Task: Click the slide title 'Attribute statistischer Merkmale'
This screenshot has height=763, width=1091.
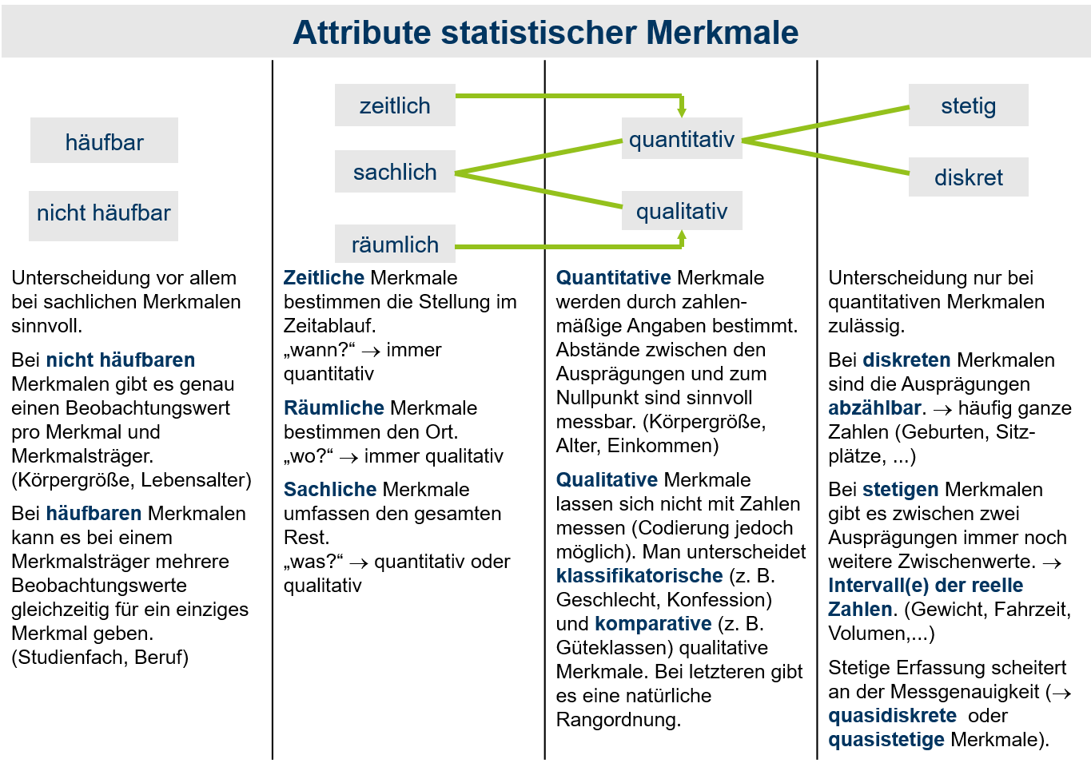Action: click(x=545, y=33)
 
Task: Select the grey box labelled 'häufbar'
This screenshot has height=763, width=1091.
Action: click(x=104, y=141)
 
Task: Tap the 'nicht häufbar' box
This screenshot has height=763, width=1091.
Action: click(x=103, y=216)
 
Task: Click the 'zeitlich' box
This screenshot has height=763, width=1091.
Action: click(x=395, y=105)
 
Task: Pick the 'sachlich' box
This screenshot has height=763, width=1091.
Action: click(x=395, y=172)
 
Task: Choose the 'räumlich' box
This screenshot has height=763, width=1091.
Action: click(x=395, y=244)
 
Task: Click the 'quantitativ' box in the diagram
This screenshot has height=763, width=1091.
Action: click(x=682, y=138)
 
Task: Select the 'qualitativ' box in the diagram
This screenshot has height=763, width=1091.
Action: click(x=682, y=210)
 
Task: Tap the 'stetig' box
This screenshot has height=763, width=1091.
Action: click(x=968, y=105)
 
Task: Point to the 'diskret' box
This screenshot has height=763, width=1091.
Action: click(x=968, y=177)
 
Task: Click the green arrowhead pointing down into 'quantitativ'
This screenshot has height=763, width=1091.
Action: click(x=682, y=112)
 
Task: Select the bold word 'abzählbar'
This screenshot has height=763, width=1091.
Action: click(x=874, y=408)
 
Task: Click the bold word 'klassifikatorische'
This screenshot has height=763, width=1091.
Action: click(x=639, y=575)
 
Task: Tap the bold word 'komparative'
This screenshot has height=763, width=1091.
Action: click(x=653, y=624)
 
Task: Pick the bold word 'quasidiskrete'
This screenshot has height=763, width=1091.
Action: click(x=892, y=716)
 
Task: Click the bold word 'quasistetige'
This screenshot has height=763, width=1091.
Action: click(x=886, y=740)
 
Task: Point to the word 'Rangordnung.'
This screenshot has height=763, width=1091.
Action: click(x=619, y=720)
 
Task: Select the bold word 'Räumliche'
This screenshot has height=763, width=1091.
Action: click(x=334, y=408)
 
